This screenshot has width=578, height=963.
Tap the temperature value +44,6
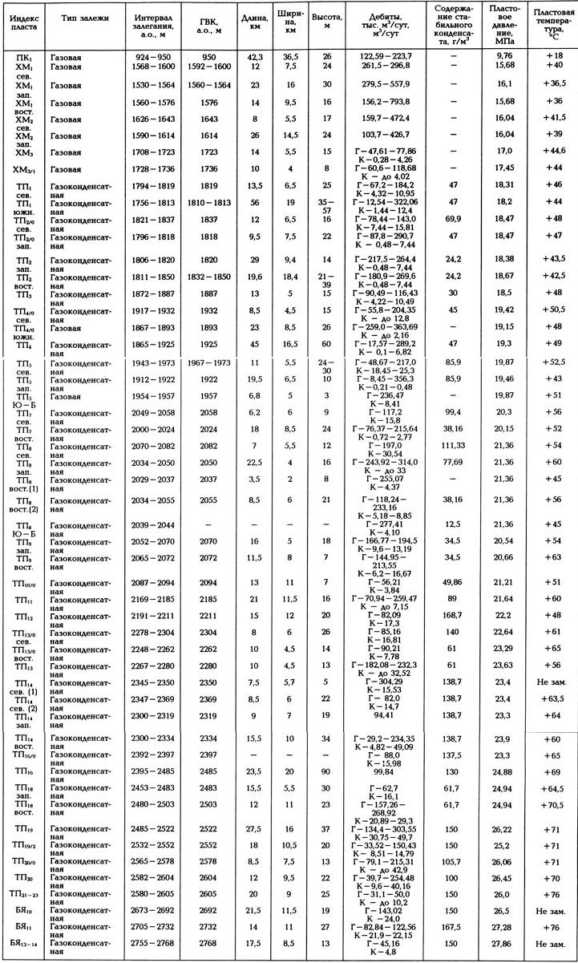[553, 151]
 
